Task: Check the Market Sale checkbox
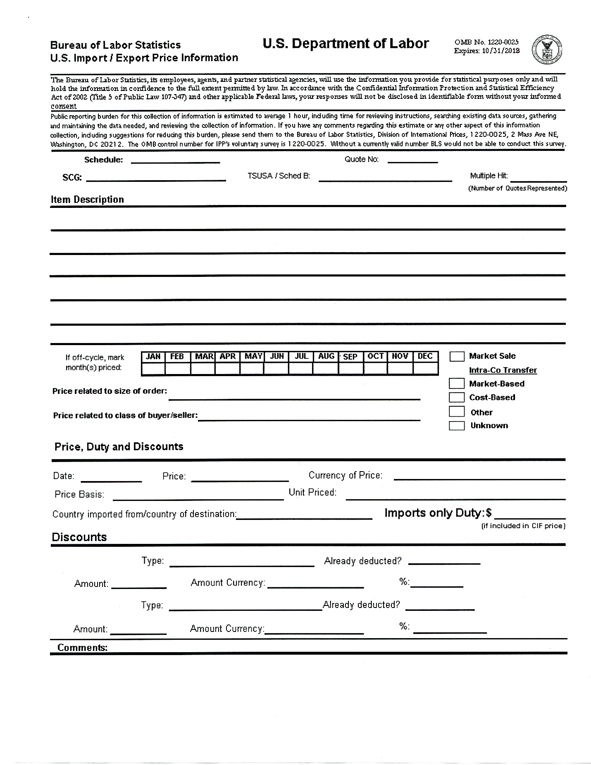click(x=456, y=356)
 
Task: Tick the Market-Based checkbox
click(x=456, y=384)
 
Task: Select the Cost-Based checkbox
click(x=456, y=397)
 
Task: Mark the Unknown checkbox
click(x=456, y=426)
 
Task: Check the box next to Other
click(x=456, y=412)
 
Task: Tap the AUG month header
click(x=326, y=356)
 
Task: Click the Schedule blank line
click(x=175, y=160)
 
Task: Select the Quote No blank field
click(x=412, y=160)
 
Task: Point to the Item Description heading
click(x=87, y=200)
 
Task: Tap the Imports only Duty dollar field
click(x=530, y=515)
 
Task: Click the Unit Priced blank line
click(x=455, y=497)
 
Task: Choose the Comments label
click(x=82, y=647)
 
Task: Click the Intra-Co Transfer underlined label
click(x=503, y=370)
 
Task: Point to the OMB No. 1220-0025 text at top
click(x=486, y=42)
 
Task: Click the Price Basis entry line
click(x=198, y=497)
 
